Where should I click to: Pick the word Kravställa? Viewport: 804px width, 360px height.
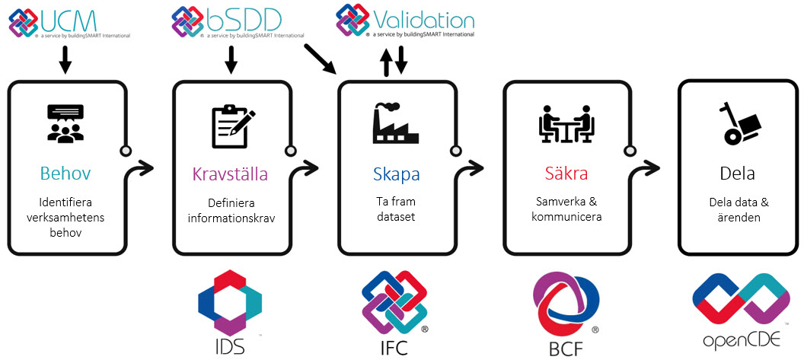230,174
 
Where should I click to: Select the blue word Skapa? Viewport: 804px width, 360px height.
396,174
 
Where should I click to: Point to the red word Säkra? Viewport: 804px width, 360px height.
566,174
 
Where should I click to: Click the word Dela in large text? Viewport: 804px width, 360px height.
737,174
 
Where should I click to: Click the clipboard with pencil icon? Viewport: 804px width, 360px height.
231,123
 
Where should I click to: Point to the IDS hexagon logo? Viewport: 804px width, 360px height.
230,301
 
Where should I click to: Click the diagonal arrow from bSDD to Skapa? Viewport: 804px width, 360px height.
320,58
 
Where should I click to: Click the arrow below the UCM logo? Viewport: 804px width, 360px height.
65,59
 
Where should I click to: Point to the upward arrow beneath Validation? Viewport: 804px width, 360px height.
387,62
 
